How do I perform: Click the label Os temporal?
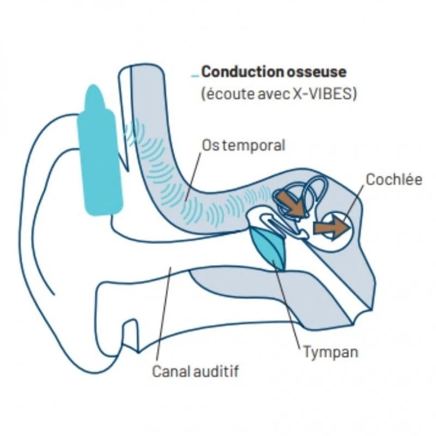[x=243, y=146]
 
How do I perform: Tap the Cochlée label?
[x=394, y=179]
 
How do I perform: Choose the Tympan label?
[x=331, y=352]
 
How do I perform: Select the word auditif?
[x=219, y=372]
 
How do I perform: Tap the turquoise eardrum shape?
[x=270, y=248]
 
